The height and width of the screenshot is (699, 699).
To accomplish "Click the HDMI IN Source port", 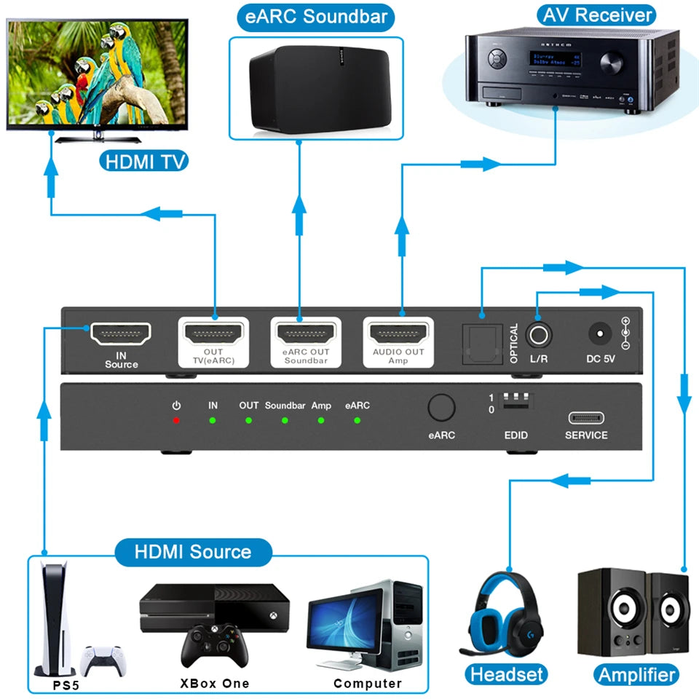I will coord(121,334).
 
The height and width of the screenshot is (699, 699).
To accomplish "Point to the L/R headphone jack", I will coord(538,336).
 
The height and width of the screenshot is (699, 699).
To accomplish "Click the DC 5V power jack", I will coord(600,335).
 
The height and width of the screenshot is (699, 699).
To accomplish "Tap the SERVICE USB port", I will coord(586,419).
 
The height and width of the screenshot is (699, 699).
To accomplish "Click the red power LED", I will coord(176,421).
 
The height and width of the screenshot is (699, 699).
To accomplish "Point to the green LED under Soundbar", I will coord(285,421).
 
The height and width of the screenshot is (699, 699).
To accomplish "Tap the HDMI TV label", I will coord(143,160).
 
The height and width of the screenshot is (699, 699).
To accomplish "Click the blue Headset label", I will coord(507,674).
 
